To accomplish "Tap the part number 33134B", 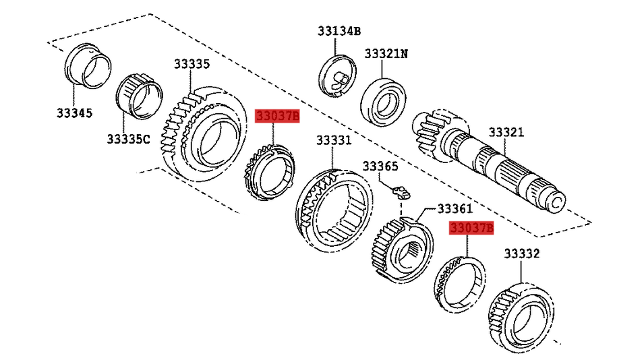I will [339, 30].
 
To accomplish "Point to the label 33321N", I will [386, 53].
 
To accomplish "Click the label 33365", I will [380, 166].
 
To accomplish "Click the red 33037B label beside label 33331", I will [276, 117].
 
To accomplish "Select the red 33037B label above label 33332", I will [471, 229].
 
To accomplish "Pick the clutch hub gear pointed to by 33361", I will [403, 249].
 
